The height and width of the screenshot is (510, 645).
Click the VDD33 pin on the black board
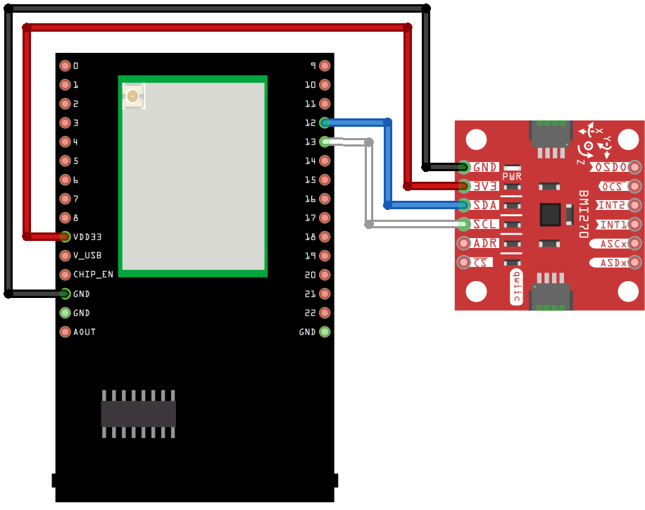pyautogui.click(x=65, y=237)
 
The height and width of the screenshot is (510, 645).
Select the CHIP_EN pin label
pyautogui.click(x=93, y=275)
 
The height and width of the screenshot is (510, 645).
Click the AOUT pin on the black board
pyautogui.click(x=65, y=332)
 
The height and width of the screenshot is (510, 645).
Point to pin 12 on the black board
pyautogui.click(x=325, y=123)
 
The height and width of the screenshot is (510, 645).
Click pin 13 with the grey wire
pyautogui.click(x=325, y=142)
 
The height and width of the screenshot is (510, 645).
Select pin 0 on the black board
pyautogui.click(x=65, y=66)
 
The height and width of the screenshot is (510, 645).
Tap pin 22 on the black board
pyautogui.click(x=325, y=313)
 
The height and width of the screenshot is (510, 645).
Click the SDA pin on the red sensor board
pyautogui.click(x=464, y=205)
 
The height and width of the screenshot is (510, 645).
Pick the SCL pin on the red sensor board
pyautogui.click(x=464, y=224)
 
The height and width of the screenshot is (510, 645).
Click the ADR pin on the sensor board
pyautogui.click(x=464, y=243)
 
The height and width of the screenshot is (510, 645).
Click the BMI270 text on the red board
pyautogui.click(x=583, y=214)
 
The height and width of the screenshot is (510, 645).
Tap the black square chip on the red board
pyautogui.click(x=550, y=214)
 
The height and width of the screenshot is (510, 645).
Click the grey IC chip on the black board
pyautogui.click(x=138, y=413)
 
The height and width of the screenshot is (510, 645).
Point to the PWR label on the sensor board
pyautogui.click(x=512, y=176)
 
